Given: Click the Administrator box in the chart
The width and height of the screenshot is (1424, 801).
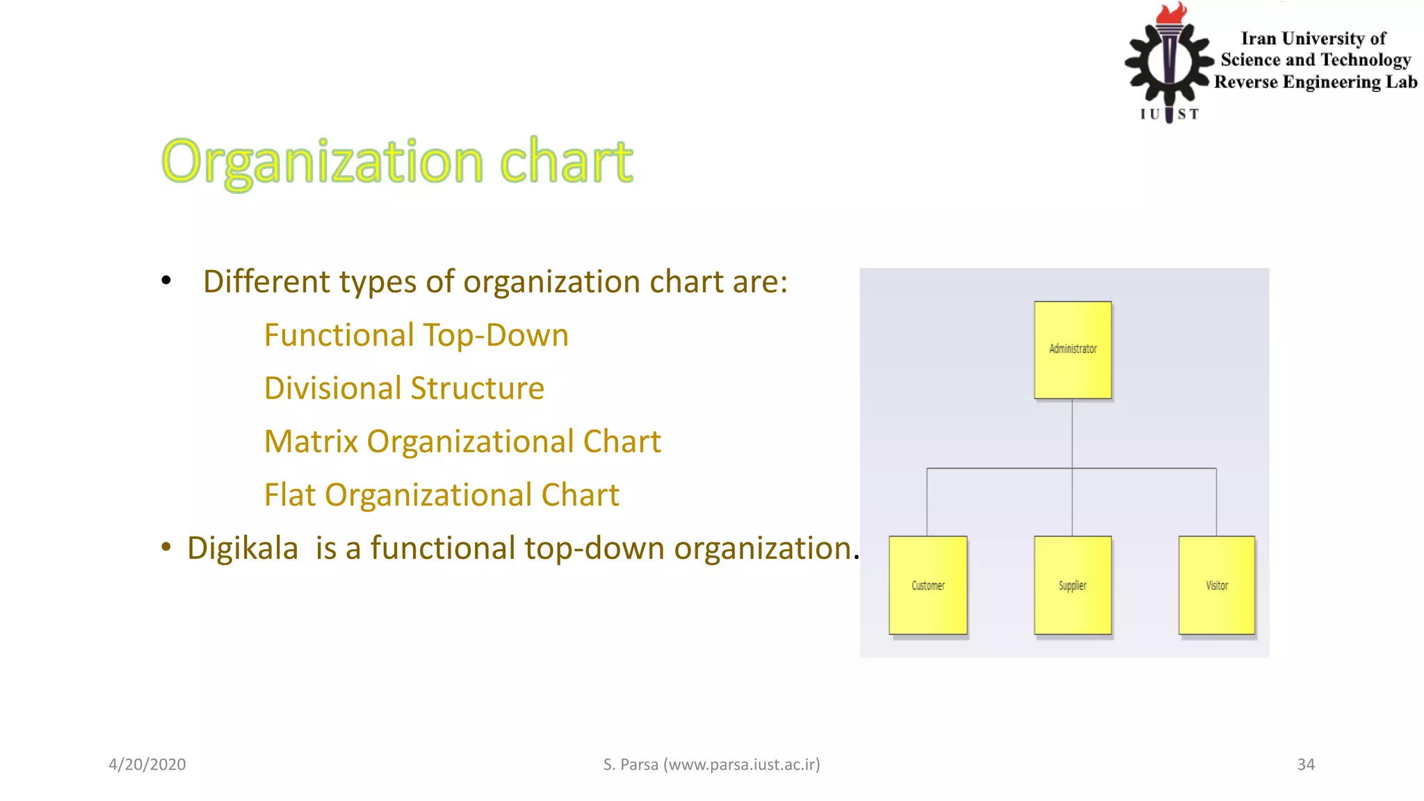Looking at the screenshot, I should [1072, 349].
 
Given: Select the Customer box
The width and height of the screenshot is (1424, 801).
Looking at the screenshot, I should [928, 585].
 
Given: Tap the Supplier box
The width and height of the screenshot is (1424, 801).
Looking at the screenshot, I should [1072, 585].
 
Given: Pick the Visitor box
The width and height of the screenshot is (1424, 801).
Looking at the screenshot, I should [1217, 585].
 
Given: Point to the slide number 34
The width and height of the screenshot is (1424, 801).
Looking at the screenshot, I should [1306, 764].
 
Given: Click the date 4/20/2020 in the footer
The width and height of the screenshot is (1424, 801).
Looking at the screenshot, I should [147, 764].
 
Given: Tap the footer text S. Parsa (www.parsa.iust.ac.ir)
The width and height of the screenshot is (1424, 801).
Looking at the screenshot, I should [711, 764].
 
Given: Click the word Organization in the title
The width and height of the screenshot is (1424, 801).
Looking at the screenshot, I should [323, 161].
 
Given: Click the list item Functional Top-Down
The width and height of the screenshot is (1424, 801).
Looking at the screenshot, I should [416, 335].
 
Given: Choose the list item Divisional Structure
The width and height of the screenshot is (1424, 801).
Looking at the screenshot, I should [404, 388].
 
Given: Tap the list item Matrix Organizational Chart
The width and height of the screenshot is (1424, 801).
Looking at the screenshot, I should [462, 442].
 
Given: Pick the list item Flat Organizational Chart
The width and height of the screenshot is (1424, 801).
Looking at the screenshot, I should [442, 495].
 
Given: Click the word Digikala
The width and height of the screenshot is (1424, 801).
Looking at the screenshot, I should [243, 548].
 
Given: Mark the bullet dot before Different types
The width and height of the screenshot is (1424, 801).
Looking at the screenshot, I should [165, 281].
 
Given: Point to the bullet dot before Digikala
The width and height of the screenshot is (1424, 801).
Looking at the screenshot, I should [165, 547].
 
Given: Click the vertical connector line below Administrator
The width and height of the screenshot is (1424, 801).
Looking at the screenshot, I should [1072, 432].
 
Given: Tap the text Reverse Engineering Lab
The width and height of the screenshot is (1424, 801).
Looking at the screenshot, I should [1316, 82].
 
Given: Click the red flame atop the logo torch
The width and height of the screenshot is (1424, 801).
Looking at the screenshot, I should [1172, 13].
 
